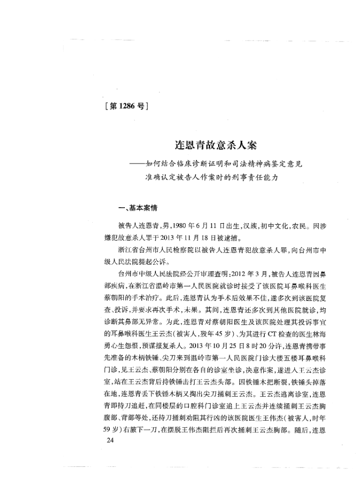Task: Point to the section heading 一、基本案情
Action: tap(131, 210)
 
